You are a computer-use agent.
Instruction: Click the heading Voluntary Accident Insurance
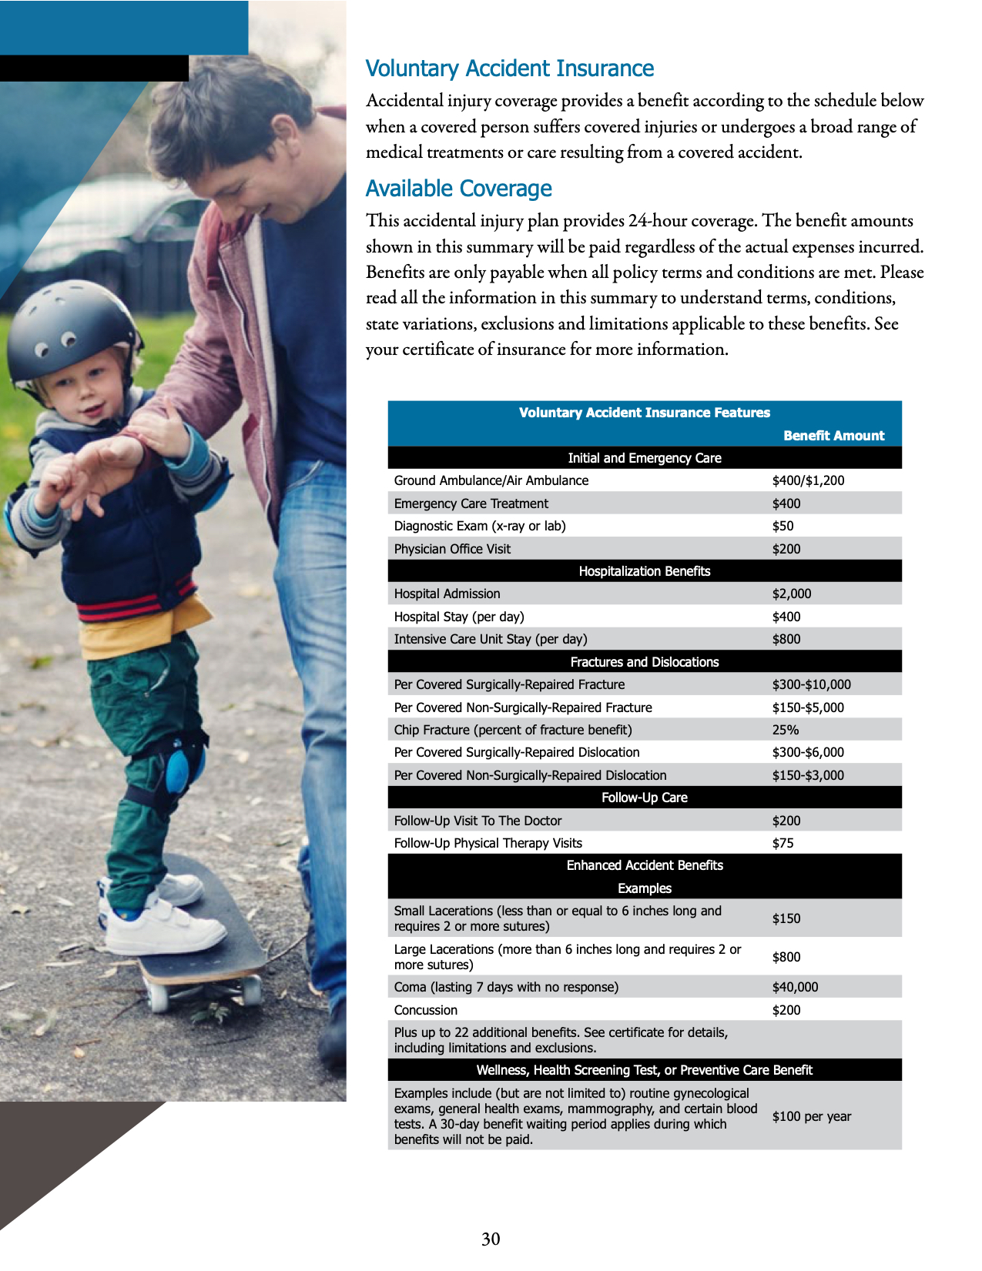click(x=509, y=69)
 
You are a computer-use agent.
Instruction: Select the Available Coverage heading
click(x=458, y=189)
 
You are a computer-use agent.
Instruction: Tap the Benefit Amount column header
click(x=833, y=436)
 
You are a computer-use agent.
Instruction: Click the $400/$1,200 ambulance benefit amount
click(x=808, y=480)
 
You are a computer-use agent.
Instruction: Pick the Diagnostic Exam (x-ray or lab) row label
click(x=480, y=526)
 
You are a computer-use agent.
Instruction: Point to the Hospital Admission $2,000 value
click(x=791, y=594)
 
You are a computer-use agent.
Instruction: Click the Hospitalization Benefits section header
click(x=644, y=571)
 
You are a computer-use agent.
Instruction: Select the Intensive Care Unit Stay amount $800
click(x=786, y=639)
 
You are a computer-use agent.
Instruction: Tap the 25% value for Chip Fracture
click(x=785, y=730)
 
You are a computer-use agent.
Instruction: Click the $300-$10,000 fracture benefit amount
click(x=811, y=684)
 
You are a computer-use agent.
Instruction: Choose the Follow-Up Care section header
click(x=644, y=798)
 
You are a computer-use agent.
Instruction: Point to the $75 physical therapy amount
click(x=783, y=843)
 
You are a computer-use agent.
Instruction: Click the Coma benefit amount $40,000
click(x=795, y=987)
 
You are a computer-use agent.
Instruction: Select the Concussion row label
click(x=425, y=1010)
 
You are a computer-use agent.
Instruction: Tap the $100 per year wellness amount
click(x=811, y=1116)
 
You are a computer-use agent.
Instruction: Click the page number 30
click(x=491, y=1239)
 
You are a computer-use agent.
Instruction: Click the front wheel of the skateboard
click(x=159, y=997)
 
